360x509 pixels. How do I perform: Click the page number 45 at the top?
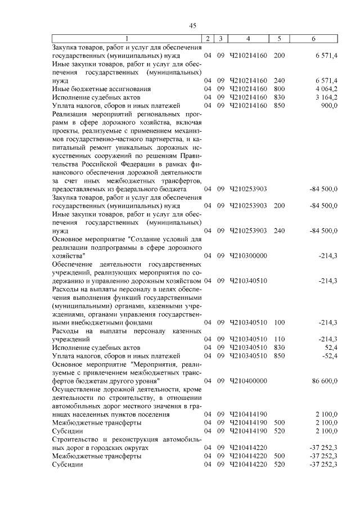point(192,25)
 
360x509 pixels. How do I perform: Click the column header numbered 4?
point(249,38)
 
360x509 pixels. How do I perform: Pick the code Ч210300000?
point(249,255)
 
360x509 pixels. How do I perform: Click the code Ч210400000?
point(249,381)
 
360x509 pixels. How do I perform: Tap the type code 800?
point(279,89)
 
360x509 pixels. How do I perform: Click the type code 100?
point(279,322)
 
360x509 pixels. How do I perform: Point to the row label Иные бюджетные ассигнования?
point(93,89)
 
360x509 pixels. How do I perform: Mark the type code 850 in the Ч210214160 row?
point(279,105)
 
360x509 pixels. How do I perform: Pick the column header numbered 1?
point(127,38)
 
